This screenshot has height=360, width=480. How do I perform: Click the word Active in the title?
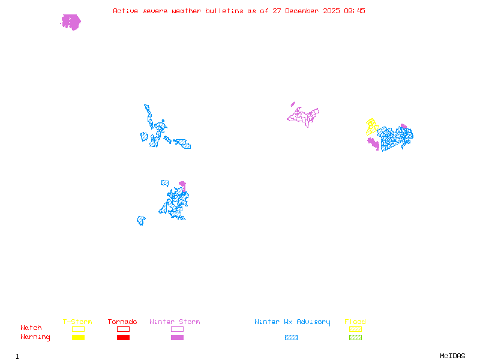(x=124, y=11)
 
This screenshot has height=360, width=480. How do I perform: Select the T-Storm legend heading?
(x=77, y=322)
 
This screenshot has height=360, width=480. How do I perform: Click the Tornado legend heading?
(x=122, y=322)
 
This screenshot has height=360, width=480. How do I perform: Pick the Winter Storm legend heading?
(x=175, y=322)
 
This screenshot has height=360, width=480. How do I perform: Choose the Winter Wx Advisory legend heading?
(x=292, y=322)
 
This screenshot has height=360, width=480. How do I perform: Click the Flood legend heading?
(x=355, y=322)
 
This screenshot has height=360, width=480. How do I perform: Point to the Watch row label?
(x=31, y=328)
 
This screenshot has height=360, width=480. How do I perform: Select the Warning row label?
(x=35, y=337)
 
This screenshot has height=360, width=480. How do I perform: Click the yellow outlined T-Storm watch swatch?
(x=78, y=329)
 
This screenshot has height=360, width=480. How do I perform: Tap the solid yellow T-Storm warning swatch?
(x=78, y=337)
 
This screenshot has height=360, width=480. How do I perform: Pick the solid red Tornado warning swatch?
(x=123, y=337)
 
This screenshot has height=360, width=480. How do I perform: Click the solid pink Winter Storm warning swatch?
(x=177, y=337)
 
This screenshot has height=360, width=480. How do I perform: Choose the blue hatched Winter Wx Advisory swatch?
(x=291, y=337)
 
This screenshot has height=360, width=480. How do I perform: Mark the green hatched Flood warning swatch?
(x=355, y=337)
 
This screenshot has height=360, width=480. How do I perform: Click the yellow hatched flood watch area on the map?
(x=372, y=126)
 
